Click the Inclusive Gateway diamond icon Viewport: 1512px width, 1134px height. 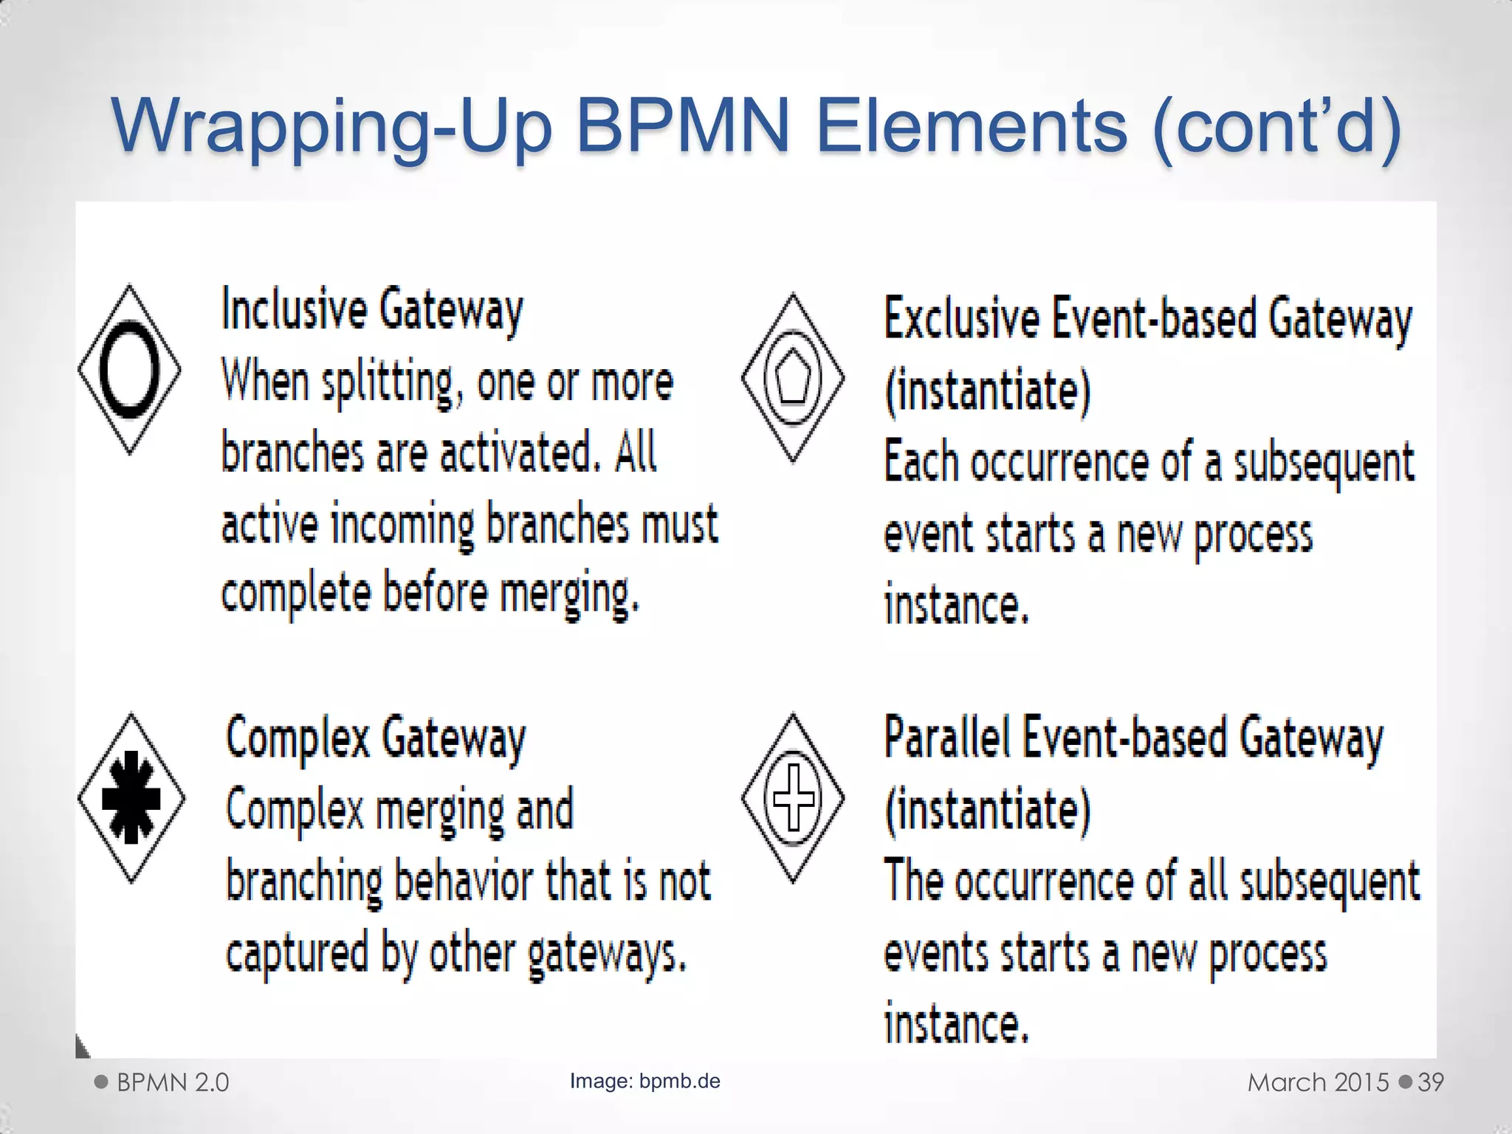[130, 369]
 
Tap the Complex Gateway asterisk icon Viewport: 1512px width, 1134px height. [131, 797]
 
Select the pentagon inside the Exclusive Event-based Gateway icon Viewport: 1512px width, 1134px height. [793, 378]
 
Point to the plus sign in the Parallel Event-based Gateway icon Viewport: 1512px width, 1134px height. [793, 798]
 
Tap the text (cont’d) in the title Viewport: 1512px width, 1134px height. [1276, 126]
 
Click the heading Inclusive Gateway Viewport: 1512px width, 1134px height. [372, 310]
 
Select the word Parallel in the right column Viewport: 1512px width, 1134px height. [947, 738]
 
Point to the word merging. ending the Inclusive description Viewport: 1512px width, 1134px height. [569, 595]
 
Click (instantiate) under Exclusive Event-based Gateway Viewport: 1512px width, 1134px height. [987, 391]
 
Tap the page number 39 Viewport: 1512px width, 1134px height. [1431, 1082]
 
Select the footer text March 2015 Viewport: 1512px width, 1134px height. [1319, 1082]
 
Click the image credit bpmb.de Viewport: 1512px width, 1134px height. [679, 1082]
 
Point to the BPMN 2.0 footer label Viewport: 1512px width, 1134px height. [173, 1082]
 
